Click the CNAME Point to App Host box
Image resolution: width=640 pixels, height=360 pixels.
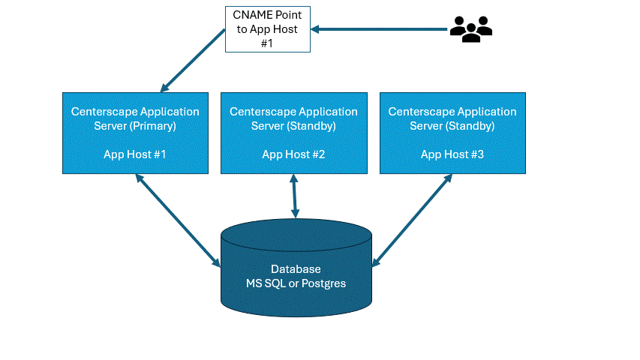pyautogui.click(x=269, y=29)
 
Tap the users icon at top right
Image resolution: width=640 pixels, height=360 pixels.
pyautogui.click(x=470, y=28)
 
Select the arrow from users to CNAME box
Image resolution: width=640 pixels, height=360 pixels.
pyautogui.click(x=380, y=29)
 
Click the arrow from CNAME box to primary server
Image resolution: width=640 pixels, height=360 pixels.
pyautogui.click(x=193, y=60)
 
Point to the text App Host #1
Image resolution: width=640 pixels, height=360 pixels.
pyautogui.click(x=135, y=154)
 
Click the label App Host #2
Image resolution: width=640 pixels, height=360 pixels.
pyautogui.click(x=293, y=154)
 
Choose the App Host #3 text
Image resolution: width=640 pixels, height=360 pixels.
pyautogui.click(x=452, y=154)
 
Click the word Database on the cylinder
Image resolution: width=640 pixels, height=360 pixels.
pyautogui.click(x=296, y=269)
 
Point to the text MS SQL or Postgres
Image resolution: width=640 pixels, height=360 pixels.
pyautogui.click(x=296, y=283)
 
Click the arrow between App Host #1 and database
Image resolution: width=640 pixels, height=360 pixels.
pyautogui.click(x=178, y=220)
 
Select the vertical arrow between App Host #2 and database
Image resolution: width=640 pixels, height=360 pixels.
pyautogui.click(x=294, y=197)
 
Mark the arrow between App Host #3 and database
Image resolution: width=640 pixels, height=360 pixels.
pyautogui.click(x=413, y=220)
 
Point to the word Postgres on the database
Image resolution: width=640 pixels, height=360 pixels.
pyautogui.click(x=323, y=283)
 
